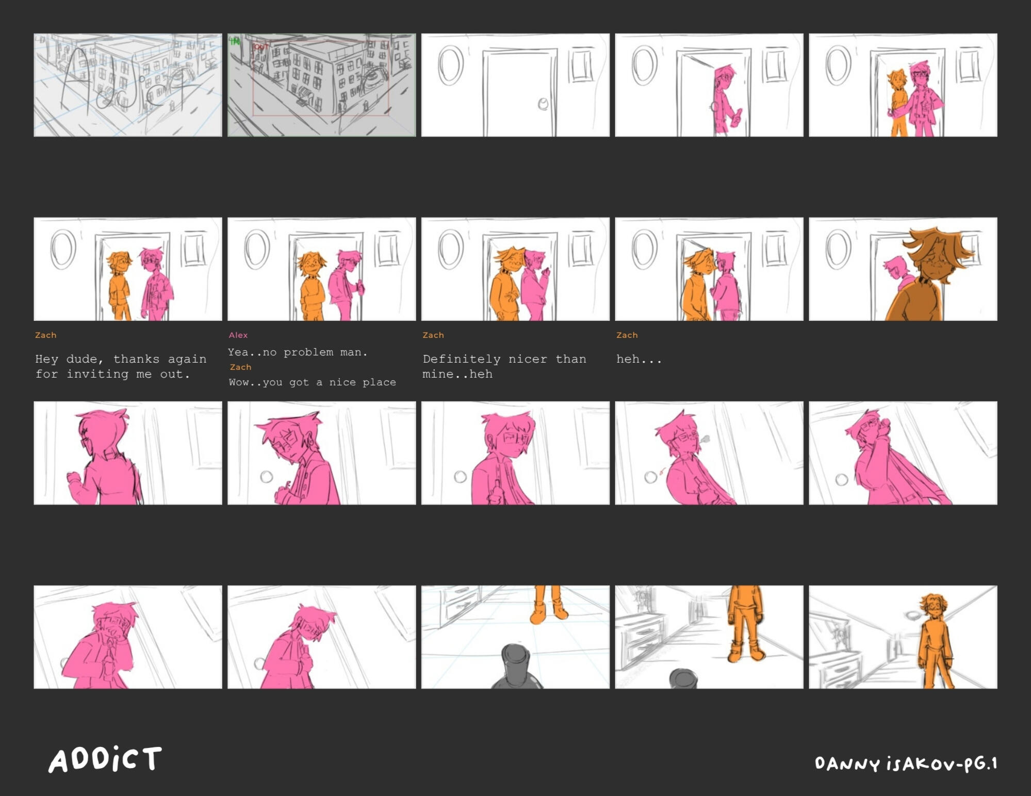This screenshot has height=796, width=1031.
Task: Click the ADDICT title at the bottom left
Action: pos(105,759)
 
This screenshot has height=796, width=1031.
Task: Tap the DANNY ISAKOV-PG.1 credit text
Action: pos(906,763)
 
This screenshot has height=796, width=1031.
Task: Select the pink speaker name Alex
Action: pos(238,335)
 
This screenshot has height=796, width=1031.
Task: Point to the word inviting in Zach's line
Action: pos(97,374)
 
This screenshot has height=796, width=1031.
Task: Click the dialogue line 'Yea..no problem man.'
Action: pos(298,352)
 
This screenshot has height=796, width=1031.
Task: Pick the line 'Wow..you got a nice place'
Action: pos(313,382)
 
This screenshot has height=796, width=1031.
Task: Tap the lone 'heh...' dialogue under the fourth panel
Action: pos(639,359)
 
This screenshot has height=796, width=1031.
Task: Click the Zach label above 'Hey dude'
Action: pos(46,335)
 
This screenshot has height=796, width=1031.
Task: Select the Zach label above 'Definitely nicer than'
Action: pos(433,335)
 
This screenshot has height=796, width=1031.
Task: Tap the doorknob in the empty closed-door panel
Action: pos(543,104)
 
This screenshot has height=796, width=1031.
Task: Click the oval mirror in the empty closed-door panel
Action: pos(451,66)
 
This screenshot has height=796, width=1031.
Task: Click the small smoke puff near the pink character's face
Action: pos(704,440)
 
